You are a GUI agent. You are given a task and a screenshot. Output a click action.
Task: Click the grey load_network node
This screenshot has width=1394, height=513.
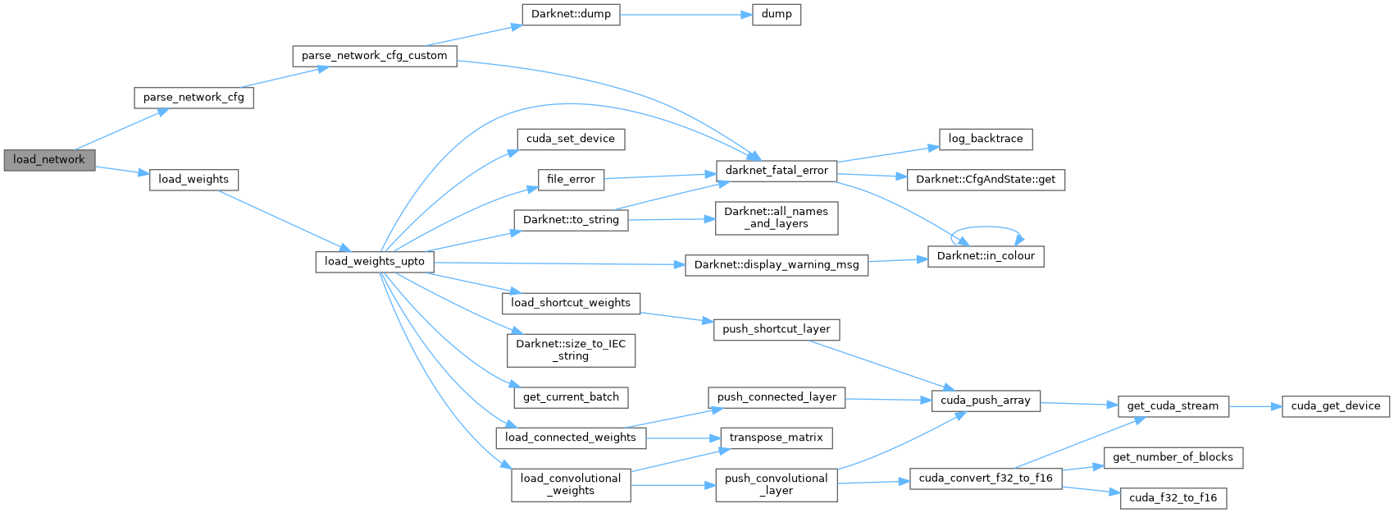48,159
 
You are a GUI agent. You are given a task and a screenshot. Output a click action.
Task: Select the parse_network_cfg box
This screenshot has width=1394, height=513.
194,98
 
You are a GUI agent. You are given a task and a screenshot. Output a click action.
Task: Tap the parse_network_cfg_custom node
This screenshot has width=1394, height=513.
374,56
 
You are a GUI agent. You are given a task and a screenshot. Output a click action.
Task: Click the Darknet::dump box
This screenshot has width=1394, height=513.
570,15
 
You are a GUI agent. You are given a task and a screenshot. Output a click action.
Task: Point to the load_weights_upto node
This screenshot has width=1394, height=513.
374,262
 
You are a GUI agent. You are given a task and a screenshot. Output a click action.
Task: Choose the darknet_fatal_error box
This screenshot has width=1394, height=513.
776,171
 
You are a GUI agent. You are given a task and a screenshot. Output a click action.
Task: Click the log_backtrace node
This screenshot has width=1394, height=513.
985,140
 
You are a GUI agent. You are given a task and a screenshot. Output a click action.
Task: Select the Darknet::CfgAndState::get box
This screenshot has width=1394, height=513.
985,180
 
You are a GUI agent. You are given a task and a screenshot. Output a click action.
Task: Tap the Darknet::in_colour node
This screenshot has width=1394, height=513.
985,256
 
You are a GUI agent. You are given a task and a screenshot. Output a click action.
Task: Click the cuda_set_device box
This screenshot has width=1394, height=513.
570,139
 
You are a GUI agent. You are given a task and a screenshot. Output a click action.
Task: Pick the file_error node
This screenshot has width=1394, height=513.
570,179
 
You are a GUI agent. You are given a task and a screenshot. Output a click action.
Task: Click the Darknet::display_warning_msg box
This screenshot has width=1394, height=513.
776,265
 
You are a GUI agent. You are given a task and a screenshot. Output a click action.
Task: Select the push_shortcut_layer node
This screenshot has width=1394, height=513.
776,329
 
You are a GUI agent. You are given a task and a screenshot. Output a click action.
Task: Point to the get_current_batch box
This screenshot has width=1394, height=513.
570,397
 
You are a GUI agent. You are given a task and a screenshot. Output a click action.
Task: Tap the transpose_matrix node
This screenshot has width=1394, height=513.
776,437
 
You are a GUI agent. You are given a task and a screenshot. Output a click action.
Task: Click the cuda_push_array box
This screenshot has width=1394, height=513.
985,401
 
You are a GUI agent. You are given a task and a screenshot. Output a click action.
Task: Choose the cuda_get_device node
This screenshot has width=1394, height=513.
1335,406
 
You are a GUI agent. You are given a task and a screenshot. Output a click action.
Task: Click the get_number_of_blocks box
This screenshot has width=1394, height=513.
1172,457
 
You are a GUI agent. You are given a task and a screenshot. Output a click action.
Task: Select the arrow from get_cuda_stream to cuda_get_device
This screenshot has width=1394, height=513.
1255,406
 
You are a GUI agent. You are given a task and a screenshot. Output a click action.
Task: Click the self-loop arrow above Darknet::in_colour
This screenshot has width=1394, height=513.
988,229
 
